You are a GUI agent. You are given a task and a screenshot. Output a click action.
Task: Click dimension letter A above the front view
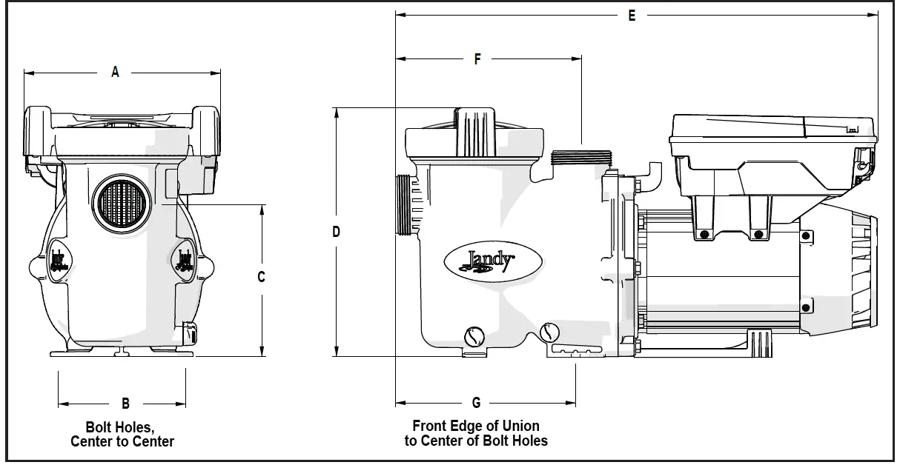[x=115, y=72]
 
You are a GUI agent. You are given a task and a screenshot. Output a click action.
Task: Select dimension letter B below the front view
[x=125, y=404]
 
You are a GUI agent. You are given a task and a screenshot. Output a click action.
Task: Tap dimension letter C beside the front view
[x=261, y=277]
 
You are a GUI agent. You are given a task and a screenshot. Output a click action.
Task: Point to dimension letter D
[x=336, y=232]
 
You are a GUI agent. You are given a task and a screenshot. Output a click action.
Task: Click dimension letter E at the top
[x=632, y=15]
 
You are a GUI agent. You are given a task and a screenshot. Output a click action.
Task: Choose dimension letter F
[x=477, y=58]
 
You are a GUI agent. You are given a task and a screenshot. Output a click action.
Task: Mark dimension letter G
[x=476, y=403]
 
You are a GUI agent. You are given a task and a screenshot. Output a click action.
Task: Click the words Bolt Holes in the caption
[x=120, y=427]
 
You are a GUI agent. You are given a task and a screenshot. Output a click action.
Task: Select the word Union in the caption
[x=518, y=426]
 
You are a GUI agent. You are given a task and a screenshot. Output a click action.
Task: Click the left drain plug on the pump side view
[x=473, y=338]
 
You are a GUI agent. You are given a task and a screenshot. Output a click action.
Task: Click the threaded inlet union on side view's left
[x=404, y=205]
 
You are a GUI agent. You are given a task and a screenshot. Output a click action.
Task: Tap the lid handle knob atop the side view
[x=474, y=131]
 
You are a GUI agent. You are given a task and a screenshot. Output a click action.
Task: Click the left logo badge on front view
[x=57, y=261]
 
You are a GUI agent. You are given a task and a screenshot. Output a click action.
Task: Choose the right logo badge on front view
[x=184, y=261]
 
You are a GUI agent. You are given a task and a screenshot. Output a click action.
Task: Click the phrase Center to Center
[x=122, y=442]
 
